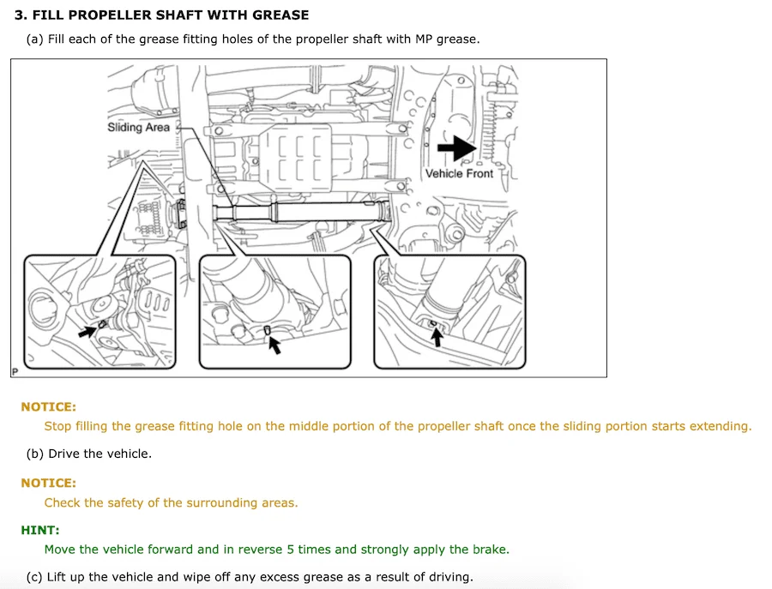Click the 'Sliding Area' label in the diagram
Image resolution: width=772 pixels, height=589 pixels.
(x=138, y=128)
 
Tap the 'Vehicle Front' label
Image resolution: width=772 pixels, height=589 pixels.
(x=459, y=174)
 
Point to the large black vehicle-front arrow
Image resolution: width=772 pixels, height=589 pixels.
(x=457, y=147)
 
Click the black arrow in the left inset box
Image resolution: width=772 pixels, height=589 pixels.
(x=87, y=331)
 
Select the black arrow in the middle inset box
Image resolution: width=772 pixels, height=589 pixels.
(x=274, y=345)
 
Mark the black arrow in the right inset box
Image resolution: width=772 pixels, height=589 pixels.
(x=437, y=337)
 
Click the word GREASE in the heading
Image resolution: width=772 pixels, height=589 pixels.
(x=280, y=15)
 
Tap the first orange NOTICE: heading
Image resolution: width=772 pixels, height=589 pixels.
(x=48, y=407)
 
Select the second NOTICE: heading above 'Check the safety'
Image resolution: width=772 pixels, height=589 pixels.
(x=48, y=484)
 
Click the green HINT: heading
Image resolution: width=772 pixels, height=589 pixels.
(x=39, y=530)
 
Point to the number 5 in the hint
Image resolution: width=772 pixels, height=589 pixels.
(x=291, y=550)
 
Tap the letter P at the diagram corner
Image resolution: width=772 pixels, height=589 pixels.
(x=15, y=372)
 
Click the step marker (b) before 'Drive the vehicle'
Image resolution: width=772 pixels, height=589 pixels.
(x=35, y=454)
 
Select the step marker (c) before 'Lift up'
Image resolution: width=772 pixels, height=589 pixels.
(x=34, y=577)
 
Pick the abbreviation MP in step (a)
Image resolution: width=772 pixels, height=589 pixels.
(x=424, y=39)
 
